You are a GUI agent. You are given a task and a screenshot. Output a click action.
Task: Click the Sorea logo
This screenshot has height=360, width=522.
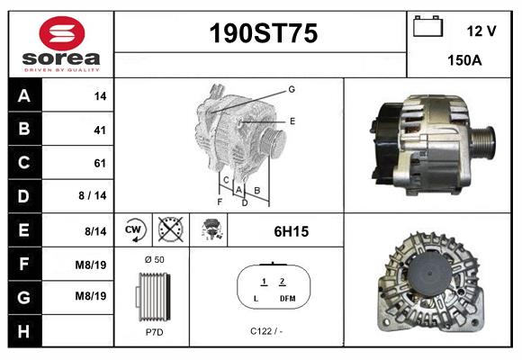(x=61, y=44)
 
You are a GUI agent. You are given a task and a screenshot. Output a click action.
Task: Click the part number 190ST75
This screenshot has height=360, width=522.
(x=263, y=34)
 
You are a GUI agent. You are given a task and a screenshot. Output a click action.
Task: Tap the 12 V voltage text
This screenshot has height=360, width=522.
(x=481, y=31)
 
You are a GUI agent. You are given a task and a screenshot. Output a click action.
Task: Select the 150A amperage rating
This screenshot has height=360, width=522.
(x=464, y=60)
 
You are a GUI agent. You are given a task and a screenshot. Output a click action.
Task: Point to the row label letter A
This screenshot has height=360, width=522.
(x=22, y=96)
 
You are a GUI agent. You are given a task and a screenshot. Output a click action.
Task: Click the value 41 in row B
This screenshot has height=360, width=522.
(x=99, y=130)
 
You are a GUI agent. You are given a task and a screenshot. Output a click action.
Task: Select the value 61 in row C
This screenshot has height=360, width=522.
(x=99, y=163)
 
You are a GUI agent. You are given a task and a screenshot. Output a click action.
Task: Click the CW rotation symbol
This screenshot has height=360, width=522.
(x=134, y=230)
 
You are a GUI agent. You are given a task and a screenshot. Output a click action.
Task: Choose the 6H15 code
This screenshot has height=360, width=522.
(x=291, y=231)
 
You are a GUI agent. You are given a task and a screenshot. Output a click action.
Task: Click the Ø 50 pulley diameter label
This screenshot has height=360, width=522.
(x=154, y=259)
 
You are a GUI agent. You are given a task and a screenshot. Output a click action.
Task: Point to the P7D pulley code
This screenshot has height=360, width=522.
(x=154, y=332)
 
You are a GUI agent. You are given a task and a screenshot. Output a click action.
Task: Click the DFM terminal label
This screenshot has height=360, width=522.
(x=287, y=298)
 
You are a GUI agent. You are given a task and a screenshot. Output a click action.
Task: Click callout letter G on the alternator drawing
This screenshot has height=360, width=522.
(x=292, y=89)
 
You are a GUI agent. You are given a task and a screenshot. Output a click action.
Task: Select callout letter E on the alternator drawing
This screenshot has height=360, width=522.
(x=292, y=121)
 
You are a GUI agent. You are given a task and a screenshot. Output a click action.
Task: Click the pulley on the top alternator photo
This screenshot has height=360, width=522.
(x=484, y=141)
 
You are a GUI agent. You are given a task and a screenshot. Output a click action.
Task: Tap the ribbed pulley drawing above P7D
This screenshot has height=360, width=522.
(x=153, y=295)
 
